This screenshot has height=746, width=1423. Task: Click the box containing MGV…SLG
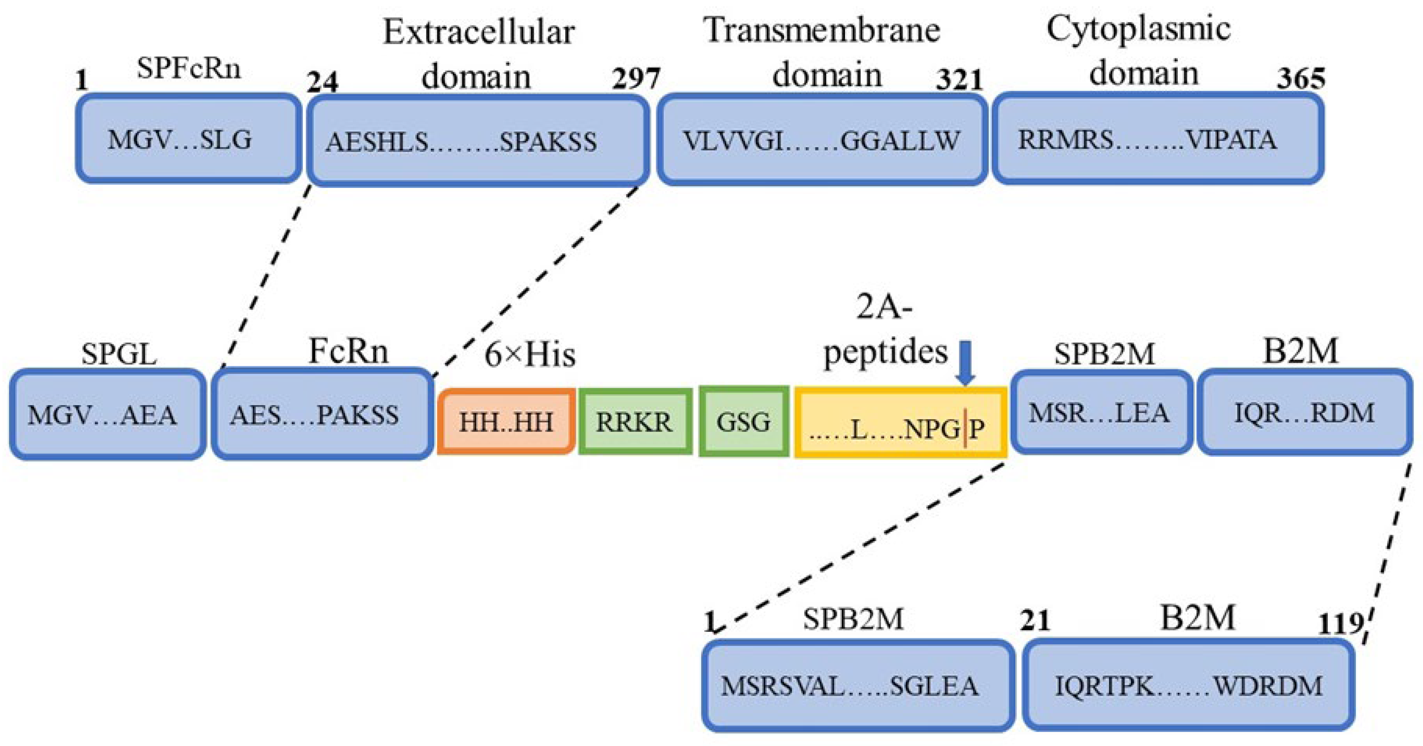click(188, 139)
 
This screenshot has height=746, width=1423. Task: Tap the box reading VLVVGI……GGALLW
click(822, 139)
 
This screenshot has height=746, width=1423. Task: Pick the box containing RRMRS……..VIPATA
click(1158, 139)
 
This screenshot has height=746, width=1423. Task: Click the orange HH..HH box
click(506, 422)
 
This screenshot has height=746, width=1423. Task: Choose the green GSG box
click(744, 422)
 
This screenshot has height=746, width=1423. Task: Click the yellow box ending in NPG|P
click(900, 423)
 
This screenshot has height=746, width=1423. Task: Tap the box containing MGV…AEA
click(107, 415)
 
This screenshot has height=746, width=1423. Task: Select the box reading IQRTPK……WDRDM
click(1188, 685)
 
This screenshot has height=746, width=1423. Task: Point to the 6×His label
click(530, 355)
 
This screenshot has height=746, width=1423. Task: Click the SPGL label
click(119, 354)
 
